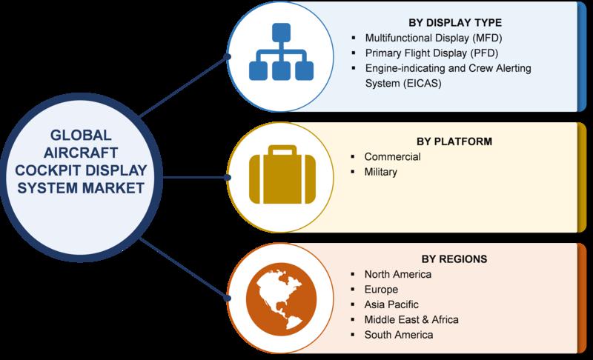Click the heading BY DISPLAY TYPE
pyautogui.click(x=455, y=23)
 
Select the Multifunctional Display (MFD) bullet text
pyautogui.click(x=434, y=38)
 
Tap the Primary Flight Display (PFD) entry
pyautogui.click(x=431, y=53)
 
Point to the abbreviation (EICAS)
pyautogui.click(x=422, y=83)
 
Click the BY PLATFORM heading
pyautogui.click(x=454, y=141)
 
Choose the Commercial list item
pyautogui.click(x=392, y=157)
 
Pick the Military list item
pyautogui.click(x=380, y=173)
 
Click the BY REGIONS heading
pyautogui.click(x=454, y=259)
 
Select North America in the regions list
pyautogui.click(x=398, y=274)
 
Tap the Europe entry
pyautogui.click(x=381, y=290)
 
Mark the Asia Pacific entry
pyautogui.click(x=391, y=304)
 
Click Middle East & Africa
pyautogui.click(x=411, y=319)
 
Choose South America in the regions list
pyautogui.click(x=399, y=335)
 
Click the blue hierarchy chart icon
pyautogui.click(x=281, y=52)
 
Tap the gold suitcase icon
pyautogui.click(x=282, y=175)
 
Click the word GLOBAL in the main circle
pyautogui.click(x=81, y=136)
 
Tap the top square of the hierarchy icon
pyautogui.click(x=282, y=33)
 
